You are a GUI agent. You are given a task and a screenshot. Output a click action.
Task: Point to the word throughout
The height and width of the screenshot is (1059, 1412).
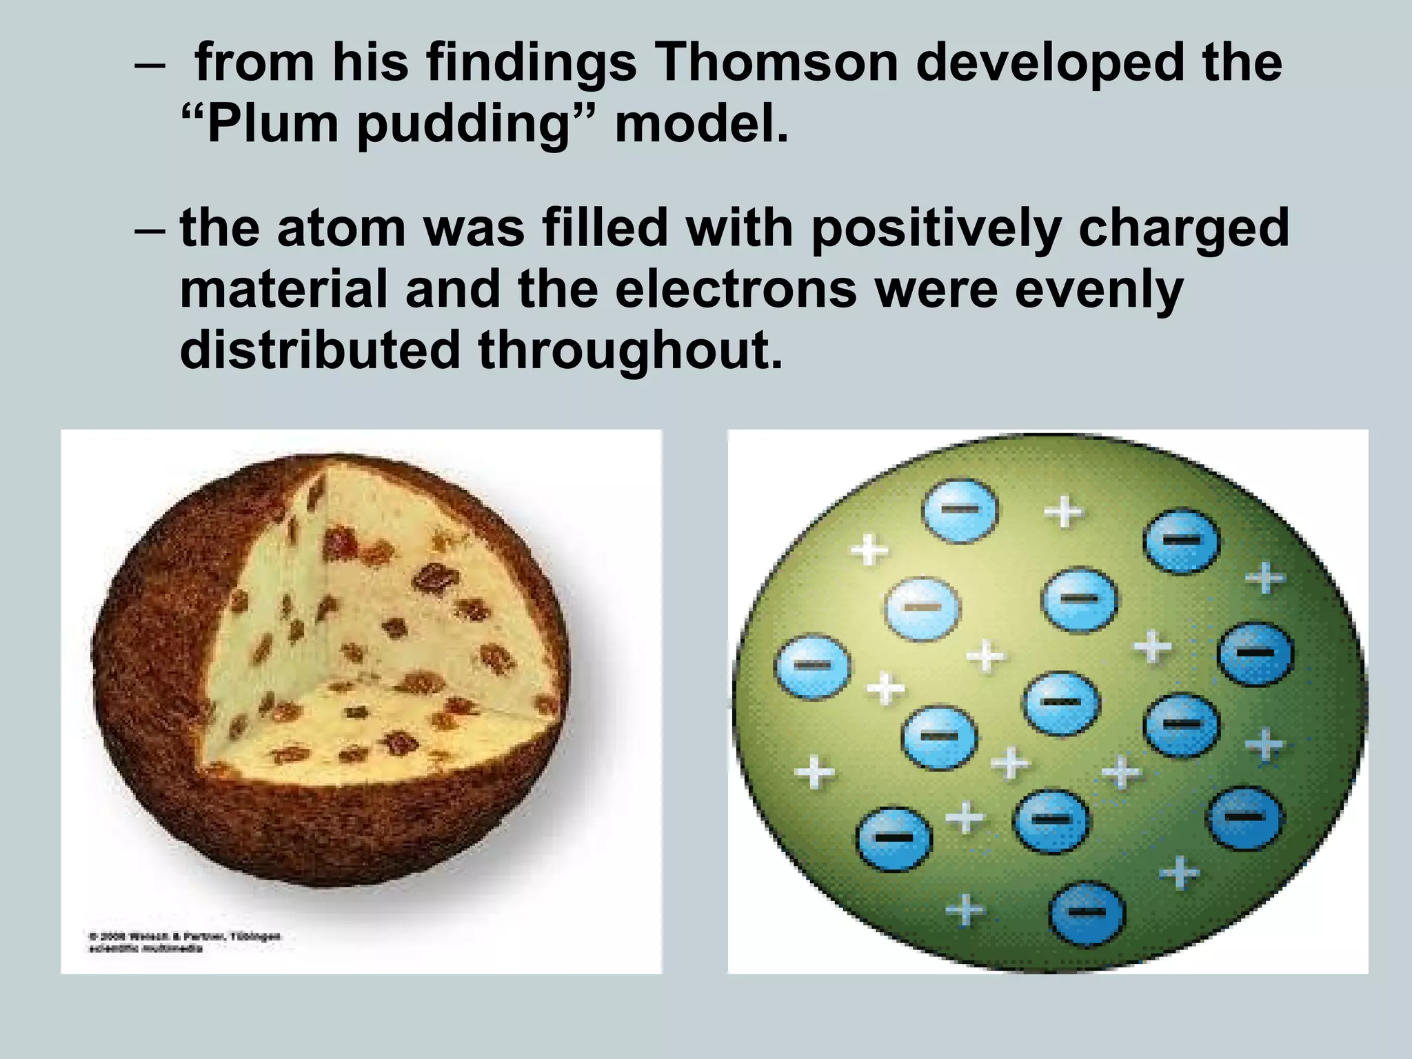click(x=631, y=350)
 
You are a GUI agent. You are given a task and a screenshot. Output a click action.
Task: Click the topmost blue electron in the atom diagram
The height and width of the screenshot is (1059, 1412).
click(x=960, y=510)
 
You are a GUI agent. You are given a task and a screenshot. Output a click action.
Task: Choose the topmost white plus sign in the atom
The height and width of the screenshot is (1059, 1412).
click(x=1063, y=513)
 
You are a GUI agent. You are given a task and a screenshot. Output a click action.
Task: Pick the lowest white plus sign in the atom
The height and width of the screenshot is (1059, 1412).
click(x=965, y=910)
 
